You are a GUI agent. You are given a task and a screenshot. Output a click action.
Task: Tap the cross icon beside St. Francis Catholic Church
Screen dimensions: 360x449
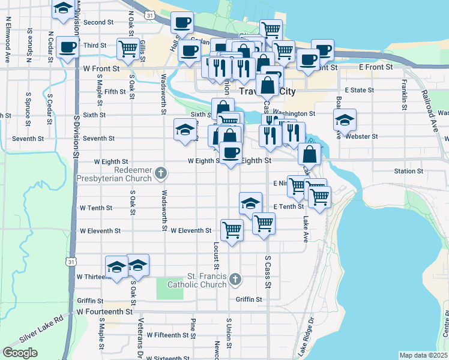[x=235, y=278]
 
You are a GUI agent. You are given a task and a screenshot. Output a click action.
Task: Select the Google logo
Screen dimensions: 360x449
[x=20, y=353]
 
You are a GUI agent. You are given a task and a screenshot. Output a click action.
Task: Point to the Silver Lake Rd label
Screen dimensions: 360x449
[x=43, y=323]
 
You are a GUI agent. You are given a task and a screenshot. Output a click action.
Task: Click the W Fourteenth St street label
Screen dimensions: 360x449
[x=104, y=312]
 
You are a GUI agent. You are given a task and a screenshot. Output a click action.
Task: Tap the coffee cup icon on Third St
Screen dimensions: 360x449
[x=67, y=47]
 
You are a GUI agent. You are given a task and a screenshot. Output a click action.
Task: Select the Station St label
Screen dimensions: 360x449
[x=409, y=171]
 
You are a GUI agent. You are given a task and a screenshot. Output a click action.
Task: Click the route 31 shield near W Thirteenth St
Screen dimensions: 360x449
[x=71, y=262]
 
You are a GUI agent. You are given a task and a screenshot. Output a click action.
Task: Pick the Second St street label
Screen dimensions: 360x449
[x=98, y=22]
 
